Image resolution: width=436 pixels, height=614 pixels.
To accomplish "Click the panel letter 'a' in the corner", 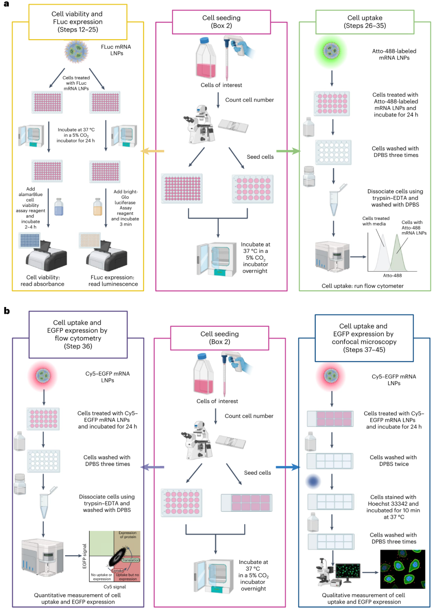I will [6, 4].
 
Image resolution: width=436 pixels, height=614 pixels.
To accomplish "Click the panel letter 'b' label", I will [6, 311].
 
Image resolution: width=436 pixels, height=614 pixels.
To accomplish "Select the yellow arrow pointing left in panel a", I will [152, 151].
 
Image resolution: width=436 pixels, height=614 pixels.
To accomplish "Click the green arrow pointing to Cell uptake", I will [288, 151].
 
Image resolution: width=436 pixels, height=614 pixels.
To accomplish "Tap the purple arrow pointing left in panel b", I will [152, 467].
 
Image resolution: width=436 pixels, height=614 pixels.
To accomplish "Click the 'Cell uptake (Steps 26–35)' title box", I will [365, 22].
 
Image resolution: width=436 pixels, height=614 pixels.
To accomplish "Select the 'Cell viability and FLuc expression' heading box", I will [78, 22].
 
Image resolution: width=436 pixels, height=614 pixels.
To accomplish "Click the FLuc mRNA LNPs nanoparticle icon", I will [76, 51].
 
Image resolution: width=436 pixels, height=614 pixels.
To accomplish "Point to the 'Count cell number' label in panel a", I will [249, 100].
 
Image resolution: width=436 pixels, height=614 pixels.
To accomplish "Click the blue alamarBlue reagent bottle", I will [59, 207].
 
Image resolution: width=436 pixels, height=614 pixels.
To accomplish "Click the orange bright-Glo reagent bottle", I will [98, 207].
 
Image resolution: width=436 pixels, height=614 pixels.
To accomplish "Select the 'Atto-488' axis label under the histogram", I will [392, 276].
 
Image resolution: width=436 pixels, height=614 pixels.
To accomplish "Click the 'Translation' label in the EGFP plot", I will [131, 560].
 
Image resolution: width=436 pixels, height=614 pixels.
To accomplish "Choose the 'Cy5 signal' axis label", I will [115, 587].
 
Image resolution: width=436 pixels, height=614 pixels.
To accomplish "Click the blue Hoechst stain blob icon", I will [313, 481].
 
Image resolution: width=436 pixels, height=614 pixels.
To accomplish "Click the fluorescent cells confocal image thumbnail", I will [402, 569].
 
